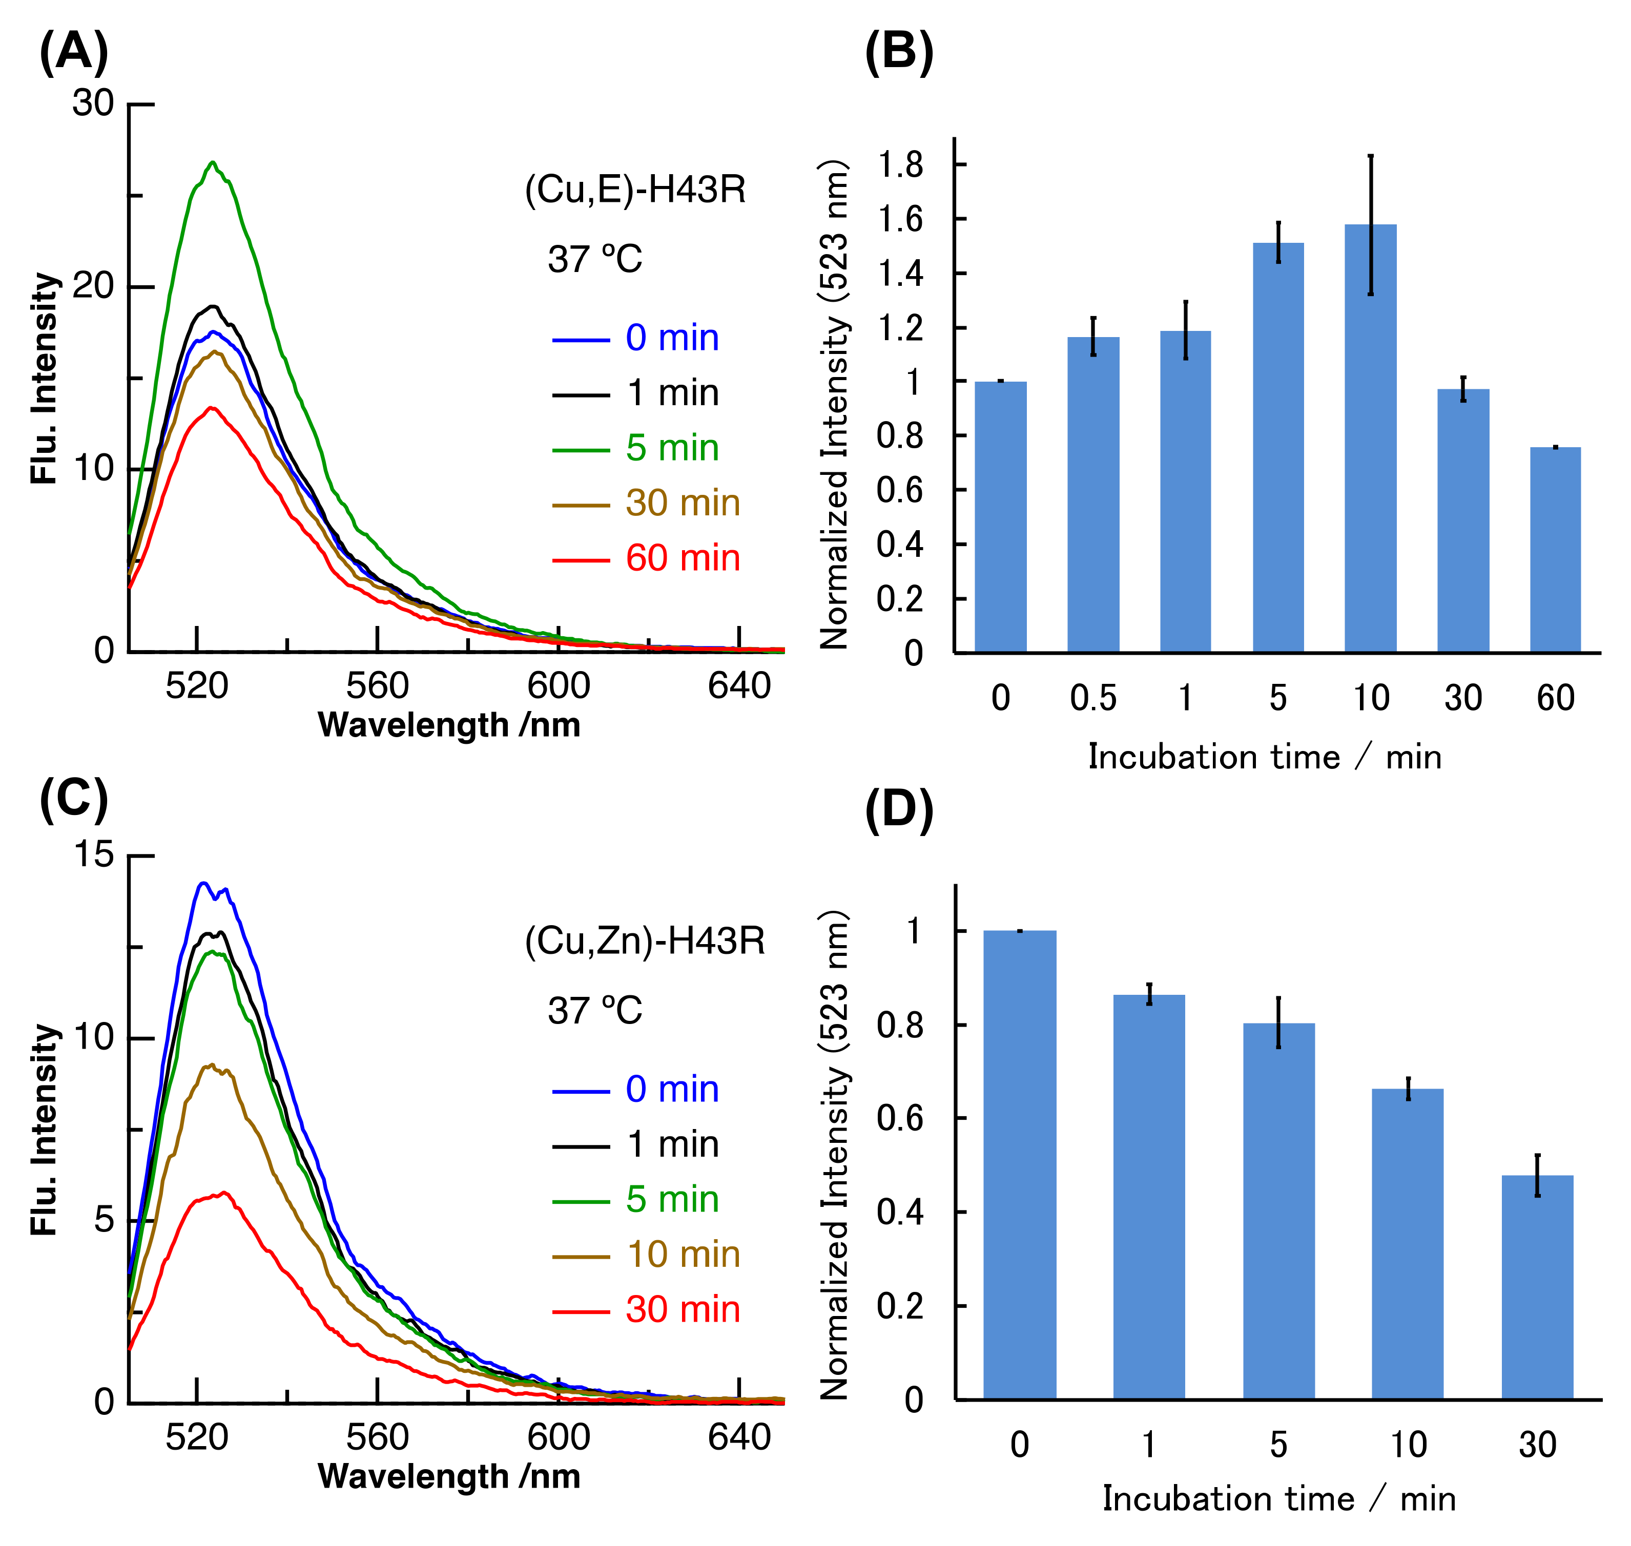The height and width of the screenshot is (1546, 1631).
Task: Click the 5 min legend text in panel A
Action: click(x=672, y=448)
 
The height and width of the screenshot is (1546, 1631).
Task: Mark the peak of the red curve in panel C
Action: click(x=222, y=1193)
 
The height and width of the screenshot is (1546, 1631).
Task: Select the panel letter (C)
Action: click(x=73, y=799)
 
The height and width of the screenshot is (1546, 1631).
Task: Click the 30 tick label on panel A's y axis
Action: click(x=92, y=104)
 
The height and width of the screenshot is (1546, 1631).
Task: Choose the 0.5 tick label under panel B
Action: click(x=1093, y=698)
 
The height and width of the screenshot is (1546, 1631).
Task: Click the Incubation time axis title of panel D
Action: click(x=1278, y=1498)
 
